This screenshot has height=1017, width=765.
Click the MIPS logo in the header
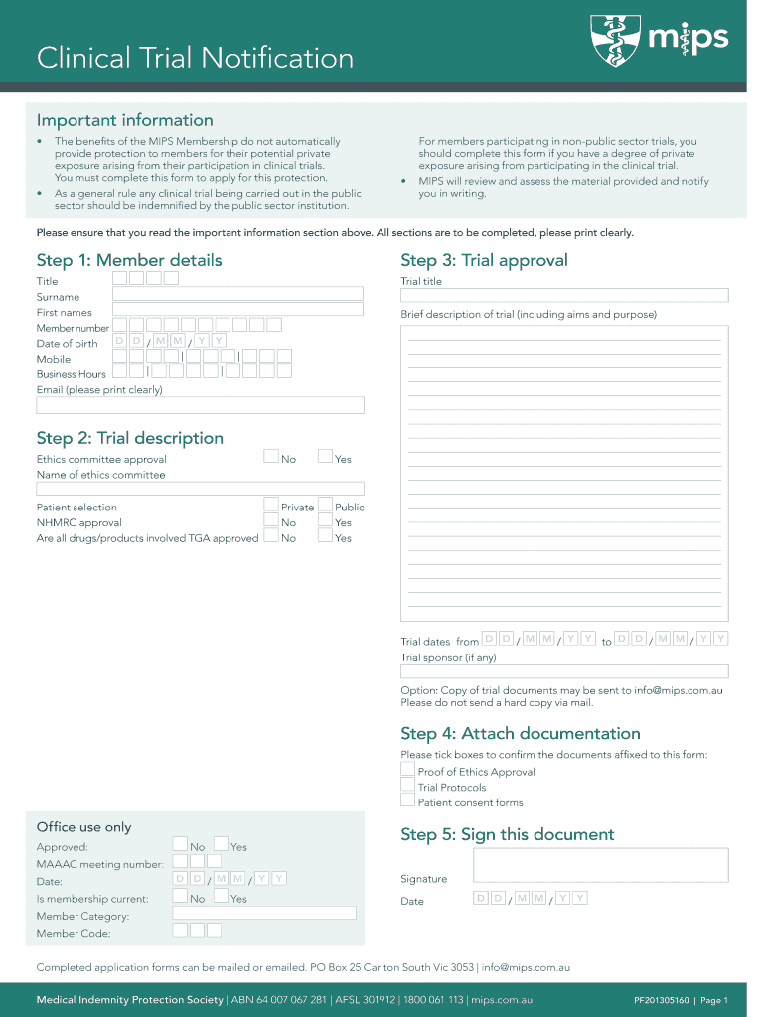click(x=660, y=40)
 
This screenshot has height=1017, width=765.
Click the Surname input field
click(x=237, y=294)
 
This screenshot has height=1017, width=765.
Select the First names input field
click(x=237, y=310)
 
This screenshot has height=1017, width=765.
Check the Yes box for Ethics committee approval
click(x=325, y=457)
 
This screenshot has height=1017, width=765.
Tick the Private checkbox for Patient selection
click(x=271, y=505)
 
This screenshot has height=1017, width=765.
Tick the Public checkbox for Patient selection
click(x=325, y=505)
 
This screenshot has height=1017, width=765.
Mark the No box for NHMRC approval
click(x=271, y=520)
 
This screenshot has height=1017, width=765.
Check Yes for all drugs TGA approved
click(x=325, y=536)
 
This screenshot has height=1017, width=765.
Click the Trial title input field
click(x=564, y=295)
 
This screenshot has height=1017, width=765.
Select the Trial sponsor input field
click(x=564, y=671)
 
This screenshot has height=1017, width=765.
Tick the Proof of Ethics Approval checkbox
click(x=407, y=770)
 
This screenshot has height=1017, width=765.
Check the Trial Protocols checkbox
click(x=407, y=785)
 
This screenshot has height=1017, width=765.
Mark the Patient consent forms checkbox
click(x=407, y=800)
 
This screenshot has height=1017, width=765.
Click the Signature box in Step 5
click(x=600, y=865)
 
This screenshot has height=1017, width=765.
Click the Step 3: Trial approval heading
click(x=484, y=260)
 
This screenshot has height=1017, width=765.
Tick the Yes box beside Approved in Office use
click(x=221, y=845)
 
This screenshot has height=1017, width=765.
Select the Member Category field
click(x=264, y=913)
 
